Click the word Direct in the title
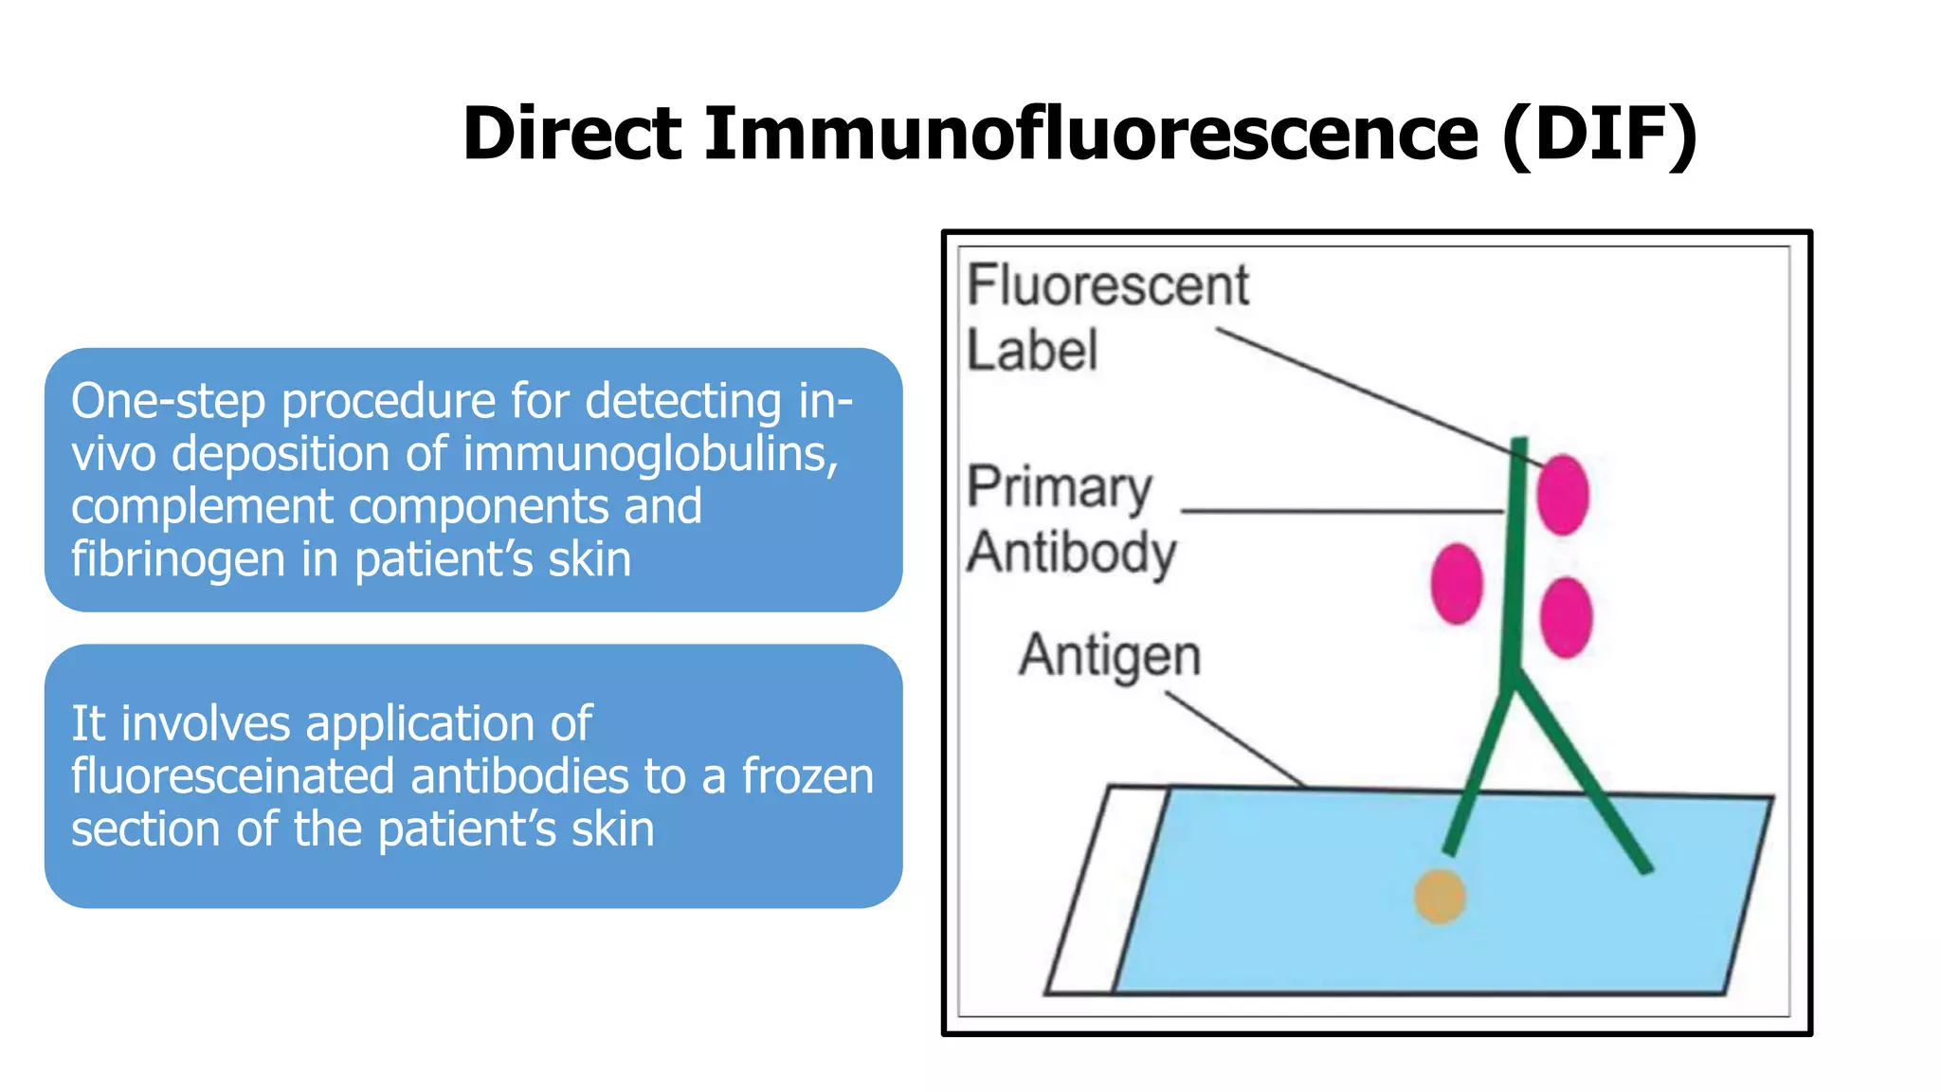pos(571,133)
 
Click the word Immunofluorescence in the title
pos(1090,133)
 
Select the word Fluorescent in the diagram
pos(1107,285)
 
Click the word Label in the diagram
pos(1031,350)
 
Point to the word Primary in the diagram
pos(1059,488)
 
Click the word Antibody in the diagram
pos(1071,553)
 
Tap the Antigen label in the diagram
pos(1110,656)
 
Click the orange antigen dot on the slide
pos(1440,896)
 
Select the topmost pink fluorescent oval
pos(1562,494)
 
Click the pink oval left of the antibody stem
pos(1456,584)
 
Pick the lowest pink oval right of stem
pos(1566,617)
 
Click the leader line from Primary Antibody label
pos(1341,511)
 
